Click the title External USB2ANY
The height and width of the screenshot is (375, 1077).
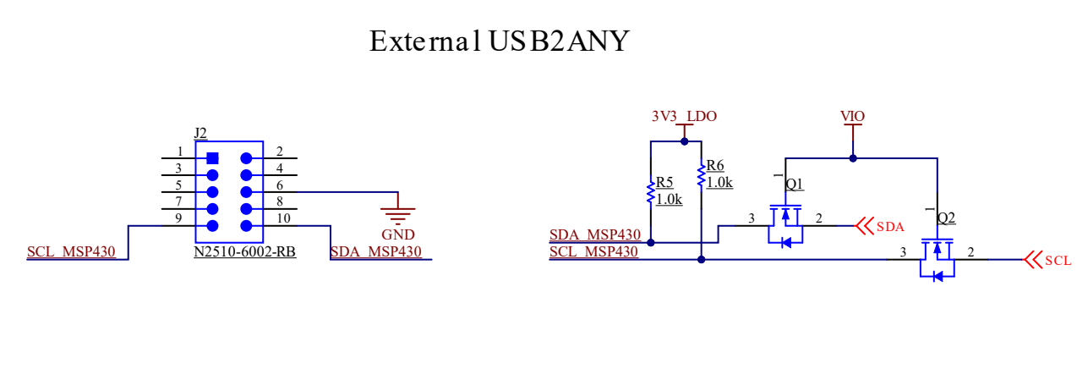point(499,41)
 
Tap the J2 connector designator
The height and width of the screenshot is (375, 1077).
point(200,132)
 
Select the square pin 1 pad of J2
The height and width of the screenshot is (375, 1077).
point(212,157)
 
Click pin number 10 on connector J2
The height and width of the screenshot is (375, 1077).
point(283,219)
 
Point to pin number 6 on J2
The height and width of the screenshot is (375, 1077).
point(280,185)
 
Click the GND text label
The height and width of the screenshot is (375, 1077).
point(398,234)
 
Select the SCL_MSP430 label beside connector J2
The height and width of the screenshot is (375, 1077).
point(71,251)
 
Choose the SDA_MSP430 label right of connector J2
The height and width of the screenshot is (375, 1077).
point(376,251)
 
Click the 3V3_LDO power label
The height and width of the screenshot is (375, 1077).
point(684,116)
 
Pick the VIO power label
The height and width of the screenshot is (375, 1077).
point(853,116)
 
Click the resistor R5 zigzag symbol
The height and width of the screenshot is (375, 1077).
point(650,193)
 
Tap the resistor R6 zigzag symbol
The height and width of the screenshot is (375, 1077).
point(701,176)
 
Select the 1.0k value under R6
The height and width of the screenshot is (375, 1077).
point(719,182)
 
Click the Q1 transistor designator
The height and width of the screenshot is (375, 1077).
point(795,185)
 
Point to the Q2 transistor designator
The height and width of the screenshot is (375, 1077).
point(946,218)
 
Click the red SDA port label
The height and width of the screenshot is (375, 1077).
point(890,226)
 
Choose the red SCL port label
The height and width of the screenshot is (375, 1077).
point(1058,260)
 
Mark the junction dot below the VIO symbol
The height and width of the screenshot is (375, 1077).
point(853,157)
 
